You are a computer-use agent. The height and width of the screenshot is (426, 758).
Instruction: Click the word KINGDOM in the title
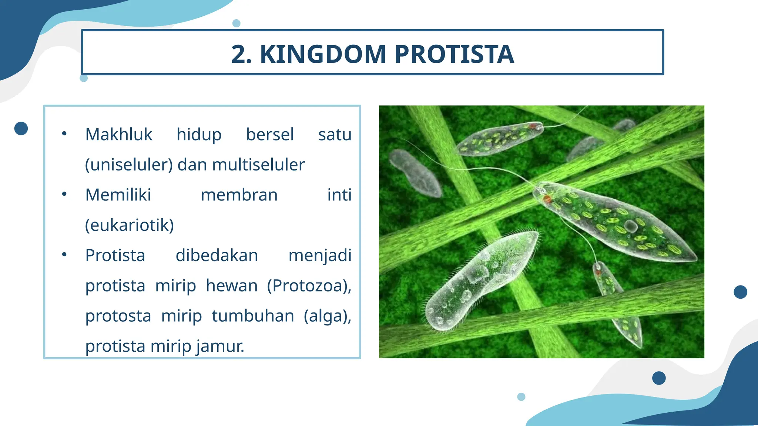(323, 54)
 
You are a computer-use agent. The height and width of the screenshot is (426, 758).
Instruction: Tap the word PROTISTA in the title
(454, 54)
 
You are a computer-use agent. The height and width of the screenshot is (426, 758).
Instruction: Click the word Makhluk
(118, 134)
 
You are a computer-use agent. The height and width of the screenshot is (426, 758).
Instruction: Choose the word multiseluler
(258, 165)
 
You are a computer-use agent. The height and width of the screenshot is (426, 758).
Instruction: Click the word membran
(239, 195)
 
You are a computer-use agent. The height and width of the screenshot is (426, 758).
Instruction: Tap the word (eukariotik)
(129, 225)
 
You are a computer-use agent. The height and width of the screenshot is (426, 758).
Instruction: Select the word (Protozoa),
(309, 285)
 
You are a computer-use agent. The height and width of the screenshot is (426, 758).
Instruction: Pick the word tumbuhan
(253, 316)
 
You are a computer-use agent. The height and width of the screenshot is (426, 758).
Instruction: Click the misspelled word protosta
(118, 316)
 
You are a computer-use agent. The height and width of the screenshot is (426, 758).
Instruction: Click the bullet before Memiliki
(64, 194)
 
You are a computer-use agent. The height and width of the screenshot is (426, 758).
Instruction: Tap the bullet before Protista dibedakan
(64, 254)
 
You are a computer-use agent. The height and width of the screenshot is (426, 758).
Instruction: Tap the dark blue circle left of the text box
(21, 128)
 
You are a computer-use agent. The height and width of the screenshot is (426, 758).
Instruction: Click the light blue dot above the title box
(236, 23)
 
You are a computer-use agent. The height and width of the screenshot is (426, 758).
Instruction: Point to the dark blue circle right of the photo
(740, 292)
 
